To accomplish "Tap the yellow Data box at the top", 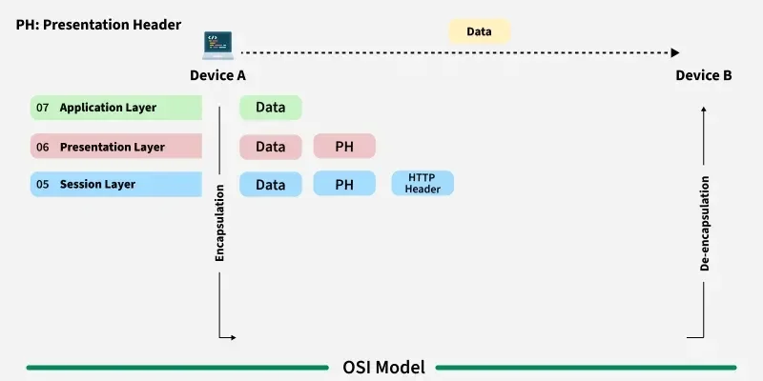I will pyautogui.click(x=480, y=31).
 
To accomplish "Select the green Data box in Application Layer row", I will pyautogui.click(x=270, y=108).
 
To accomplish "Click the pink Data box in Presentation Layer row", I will pyautogui.click(x=270, y=147).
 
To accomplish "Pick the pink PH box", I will pyautogui.click(x=344, y=147).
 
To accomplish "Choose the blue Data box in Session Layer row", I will pyautogui.click(x=270, y=184).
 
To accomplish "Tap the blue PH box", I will pyautogui.click(x=344, y=184).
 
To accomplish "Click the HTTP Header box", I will pyautogui.click(x=423, y=184).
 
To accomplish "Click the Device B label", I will pyautogui.click(x=704, y=75).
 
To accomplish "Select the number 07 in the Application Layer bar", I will pyautogui.click(x=43, y=108).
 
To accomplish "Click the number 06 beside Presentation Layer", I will pyautogui.click(x=43, y=147).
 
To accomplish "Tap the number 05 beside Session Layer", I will pyautogui.click(x=43, y=184).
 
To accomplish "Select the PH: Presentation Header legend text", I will pyautogui.click(x=98, y=23).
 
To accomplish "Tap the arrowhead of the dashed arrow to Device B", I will pyautogui.click(x=675, y=53).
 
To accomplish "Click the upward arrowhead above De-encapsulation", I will pyautogui.click(x=704, y=109).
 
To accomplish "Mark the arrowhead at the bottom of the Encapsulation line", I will pyautogui.click(x=231, y=337).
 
